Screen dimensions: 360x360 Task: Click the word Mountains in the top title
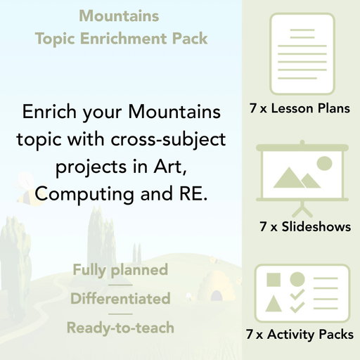[x=119, y=15]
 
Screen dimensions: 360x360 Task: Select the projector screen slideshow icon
[x=300, y=175]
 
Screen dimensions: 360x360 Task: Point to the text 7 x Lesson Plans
[x=300, y=108]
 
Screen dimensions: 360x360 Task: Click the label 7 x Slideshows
[x=304, y=226]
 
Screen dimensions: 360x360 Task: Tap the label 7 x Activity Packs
[x=300, y=335]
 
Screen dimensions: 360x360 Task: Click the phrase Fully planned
[x=120, y=270]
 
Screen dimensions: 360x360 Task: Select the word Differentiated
[x=120, y=299]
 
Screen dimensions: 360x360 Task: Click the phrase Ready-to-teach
[x=120, y=328]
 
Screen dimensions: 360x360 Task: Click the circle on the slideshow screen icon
[x=323, y=163]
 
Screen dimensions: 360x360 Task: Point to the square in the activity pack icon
[x=274, y=280]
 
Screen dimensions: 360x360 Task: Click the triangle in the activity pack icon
[x=274, y=304]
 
